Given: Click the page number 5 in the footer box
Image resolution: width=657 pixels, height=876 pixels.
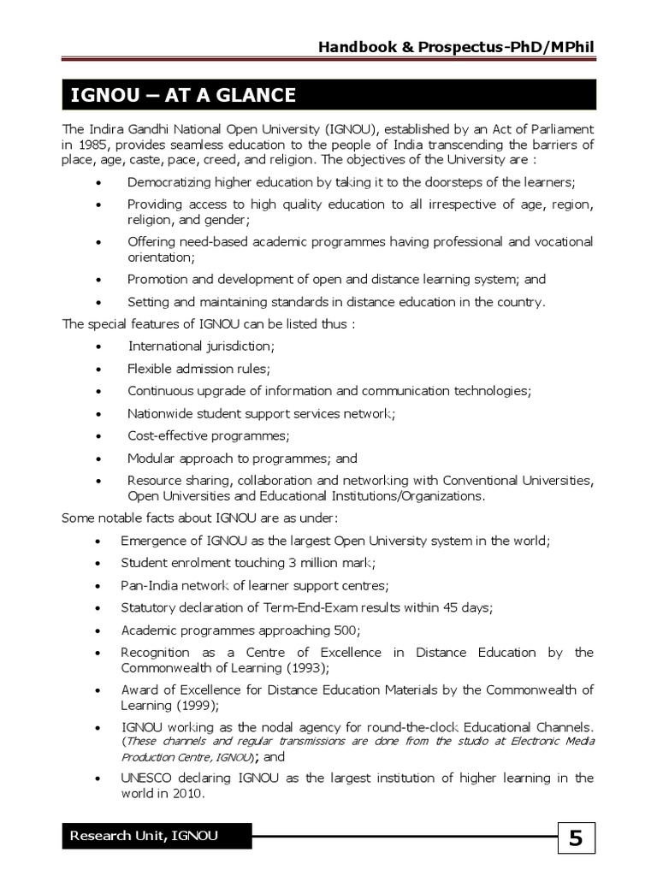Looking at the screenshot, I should pyautogui.click(x=576, y=839).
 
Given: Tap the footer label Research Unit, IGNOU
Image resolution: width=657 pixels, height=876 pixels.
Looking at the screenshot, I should pyautogui.click(x=144, y=836).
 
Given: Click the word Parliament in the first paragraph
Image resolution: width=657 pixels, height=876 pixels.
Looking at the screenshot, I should pyautogui.click(x=554, y=128).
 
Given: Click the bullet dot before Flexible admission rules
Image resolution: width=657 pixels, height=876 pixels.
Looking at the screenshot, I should pyautogui.click(x=99, y=370).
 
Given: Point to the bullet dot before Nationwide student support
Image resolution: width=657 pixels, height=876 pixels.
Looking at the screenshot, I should pyautogui.click(x=99, y=414).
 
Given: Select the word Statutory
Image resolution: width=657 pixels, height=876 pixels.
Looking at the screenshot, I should pyautogui.click(x=149, y=607).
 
